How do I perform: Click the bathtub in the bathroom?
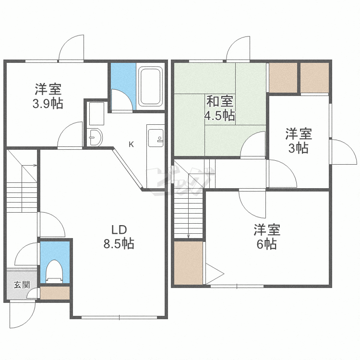(150, 86)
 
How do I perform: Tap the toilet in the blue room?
(54, 271)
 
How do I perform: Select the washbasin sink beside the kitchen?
(96, 137)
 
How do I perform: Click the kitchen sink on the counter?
(156, 138)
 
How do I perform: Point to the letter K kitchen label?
(131, 144)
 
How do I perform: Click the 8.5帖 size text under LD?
(119, 243)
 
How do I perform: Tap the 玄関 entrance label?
(22, 285)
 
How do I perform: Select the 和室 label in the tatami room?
(220, 101)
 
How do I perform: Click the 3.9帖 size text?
(48, 104)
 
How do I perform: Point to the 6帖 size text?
(267, 244)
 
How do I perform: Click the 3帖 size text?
(298, 148)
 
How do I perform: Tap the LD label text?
(119, 229)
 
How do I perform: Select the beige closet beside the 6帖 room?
(188, 263)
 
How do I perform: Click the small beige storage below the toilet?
(55, 293)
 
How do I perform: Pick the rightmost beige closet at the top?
(314, 78)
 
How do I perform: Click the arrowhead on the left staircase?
(36, 165)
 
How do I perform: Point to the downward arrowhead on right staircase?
(189, 236)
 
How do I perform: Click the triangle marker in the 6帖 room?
(214, 274)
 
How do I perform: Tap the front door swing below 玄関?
(23, 315)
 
